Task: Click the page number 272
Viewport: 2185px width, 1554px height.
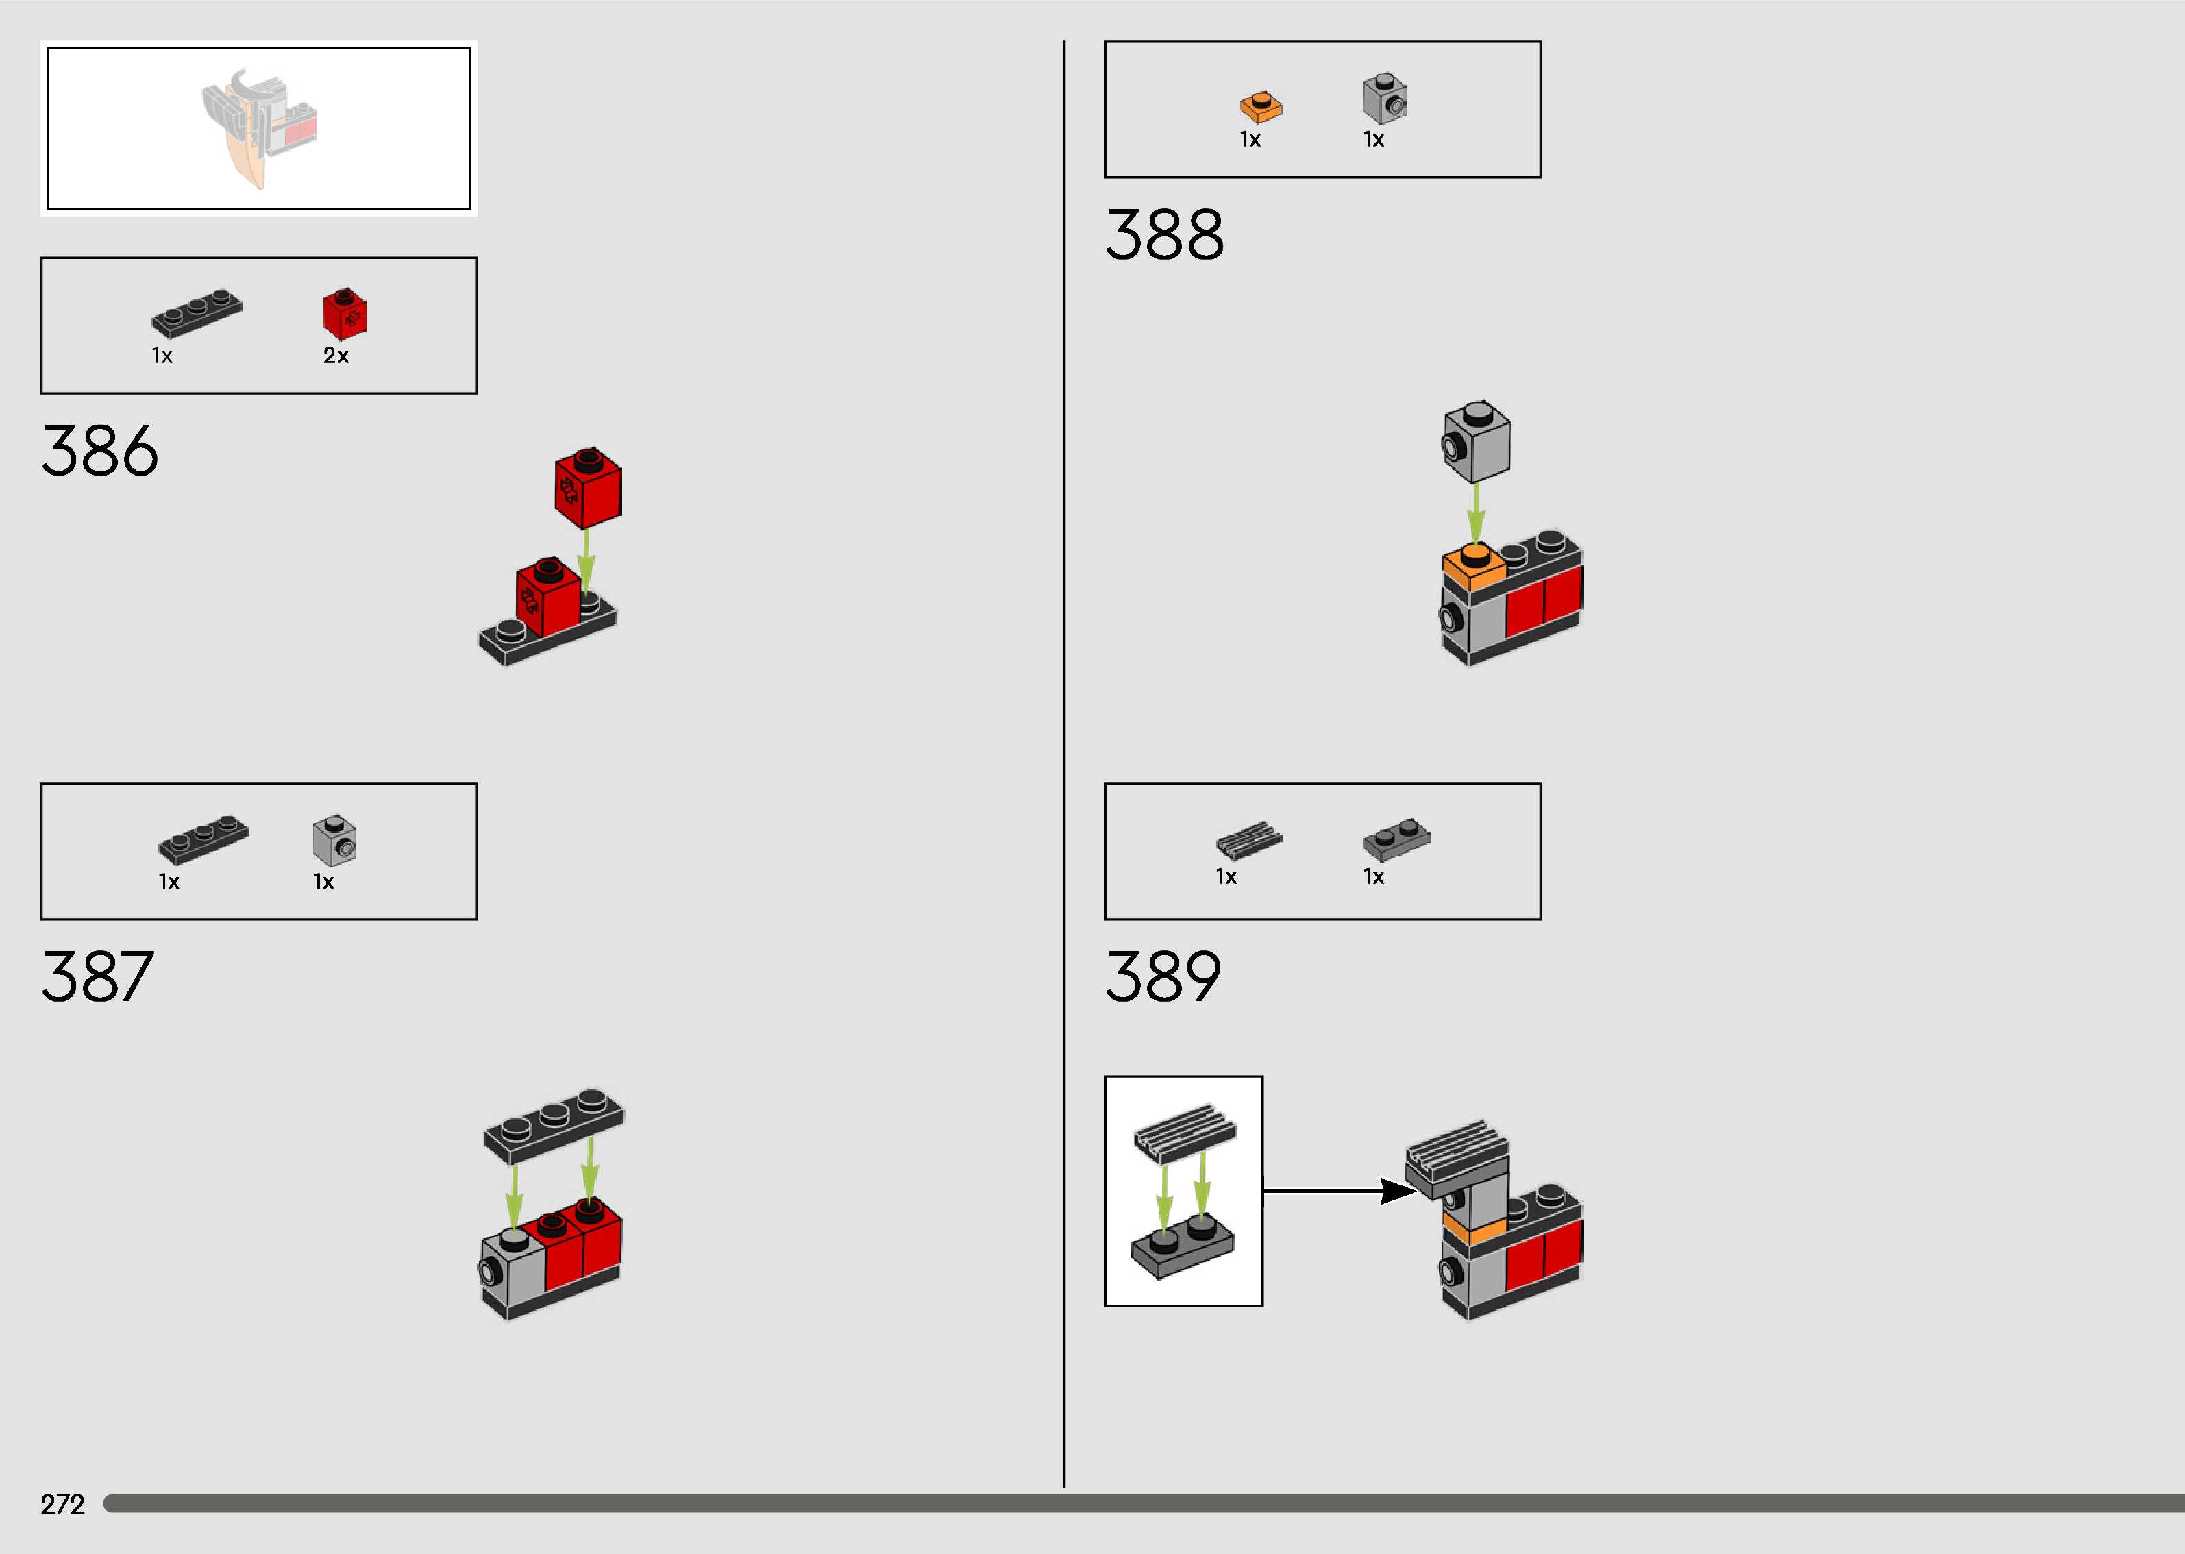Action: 63,1504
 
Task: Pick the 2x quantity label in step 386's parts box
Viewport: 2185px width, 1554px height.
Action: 336,356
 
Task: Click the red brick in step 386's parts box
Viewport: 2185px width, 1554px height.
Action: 345,313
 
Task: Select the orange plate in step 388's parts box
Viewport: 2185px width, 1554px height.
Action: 1261,106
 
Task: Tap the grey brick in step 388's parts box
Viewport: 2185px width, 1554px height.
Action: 1384,99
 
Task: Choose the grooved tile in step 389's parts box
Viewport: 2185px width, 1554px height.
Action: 1249,841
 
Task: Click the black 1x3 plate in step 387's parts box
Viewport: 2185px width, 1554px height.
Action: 203,839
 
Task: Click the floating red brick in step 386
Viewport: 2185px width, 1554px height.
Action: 587,487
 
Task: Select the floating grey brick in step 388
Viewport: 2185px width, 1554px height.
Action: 1476,441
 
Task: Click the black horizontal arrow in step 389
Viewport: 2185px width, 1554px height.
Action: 1340,1192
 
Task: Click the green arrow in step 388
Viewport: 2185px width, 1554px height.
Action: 1476,514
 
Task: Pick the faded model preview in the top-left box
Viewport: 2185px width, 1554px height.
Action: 258,127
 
